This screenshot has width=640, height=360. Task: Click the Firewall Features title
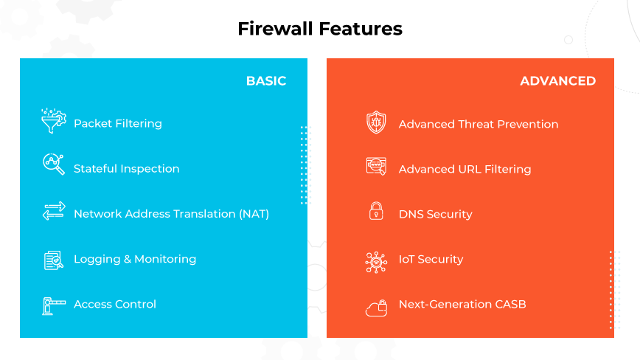tap(319, 29)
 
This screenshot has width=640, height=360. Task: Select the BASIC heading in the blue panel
tap(265, 81)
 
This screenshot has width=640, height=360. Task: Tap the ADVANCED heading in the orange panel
tap(557, 81)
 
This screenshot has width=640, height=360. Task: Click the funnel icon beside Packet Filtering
tap(53, 122)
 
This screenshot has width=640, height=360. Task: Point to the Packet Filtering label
tap(117, 124)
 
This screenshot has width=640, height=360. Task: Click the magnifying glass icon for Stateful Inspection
tap(53, 165)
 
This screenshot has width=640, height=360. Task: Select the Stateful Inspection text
tap(126, 169)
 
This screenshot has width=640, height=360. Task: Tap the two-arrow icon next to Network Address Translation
tap(53, 212)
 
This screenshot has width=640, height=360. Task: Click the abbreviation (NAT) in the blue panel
tap(254, 214)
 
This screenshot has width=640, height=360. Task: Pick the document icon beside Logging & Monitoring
tap(53, 260)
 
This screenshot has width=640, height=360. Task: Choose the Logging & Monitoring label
tap(134, 260)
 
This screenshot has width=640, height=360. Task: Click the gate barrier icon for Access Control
tap(53, 305)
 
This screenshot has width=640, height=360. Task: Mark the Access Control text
tap(114, 305)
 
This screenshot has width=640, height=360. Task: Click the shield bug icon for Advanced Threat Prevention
tap(376, 122)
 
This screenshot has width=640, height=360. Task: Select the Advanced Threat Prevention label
tap(478, 125)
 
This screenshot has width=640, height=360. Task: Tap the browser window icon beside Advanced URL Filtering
tap(376, 167)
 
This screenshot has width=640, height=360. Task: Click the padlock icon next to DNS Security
tap(376, 211)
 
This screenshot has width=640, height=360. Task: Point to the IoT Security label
tap(431, 260)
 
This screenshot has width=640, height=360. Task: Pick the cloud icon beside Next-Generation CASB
tap(376, 307)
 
